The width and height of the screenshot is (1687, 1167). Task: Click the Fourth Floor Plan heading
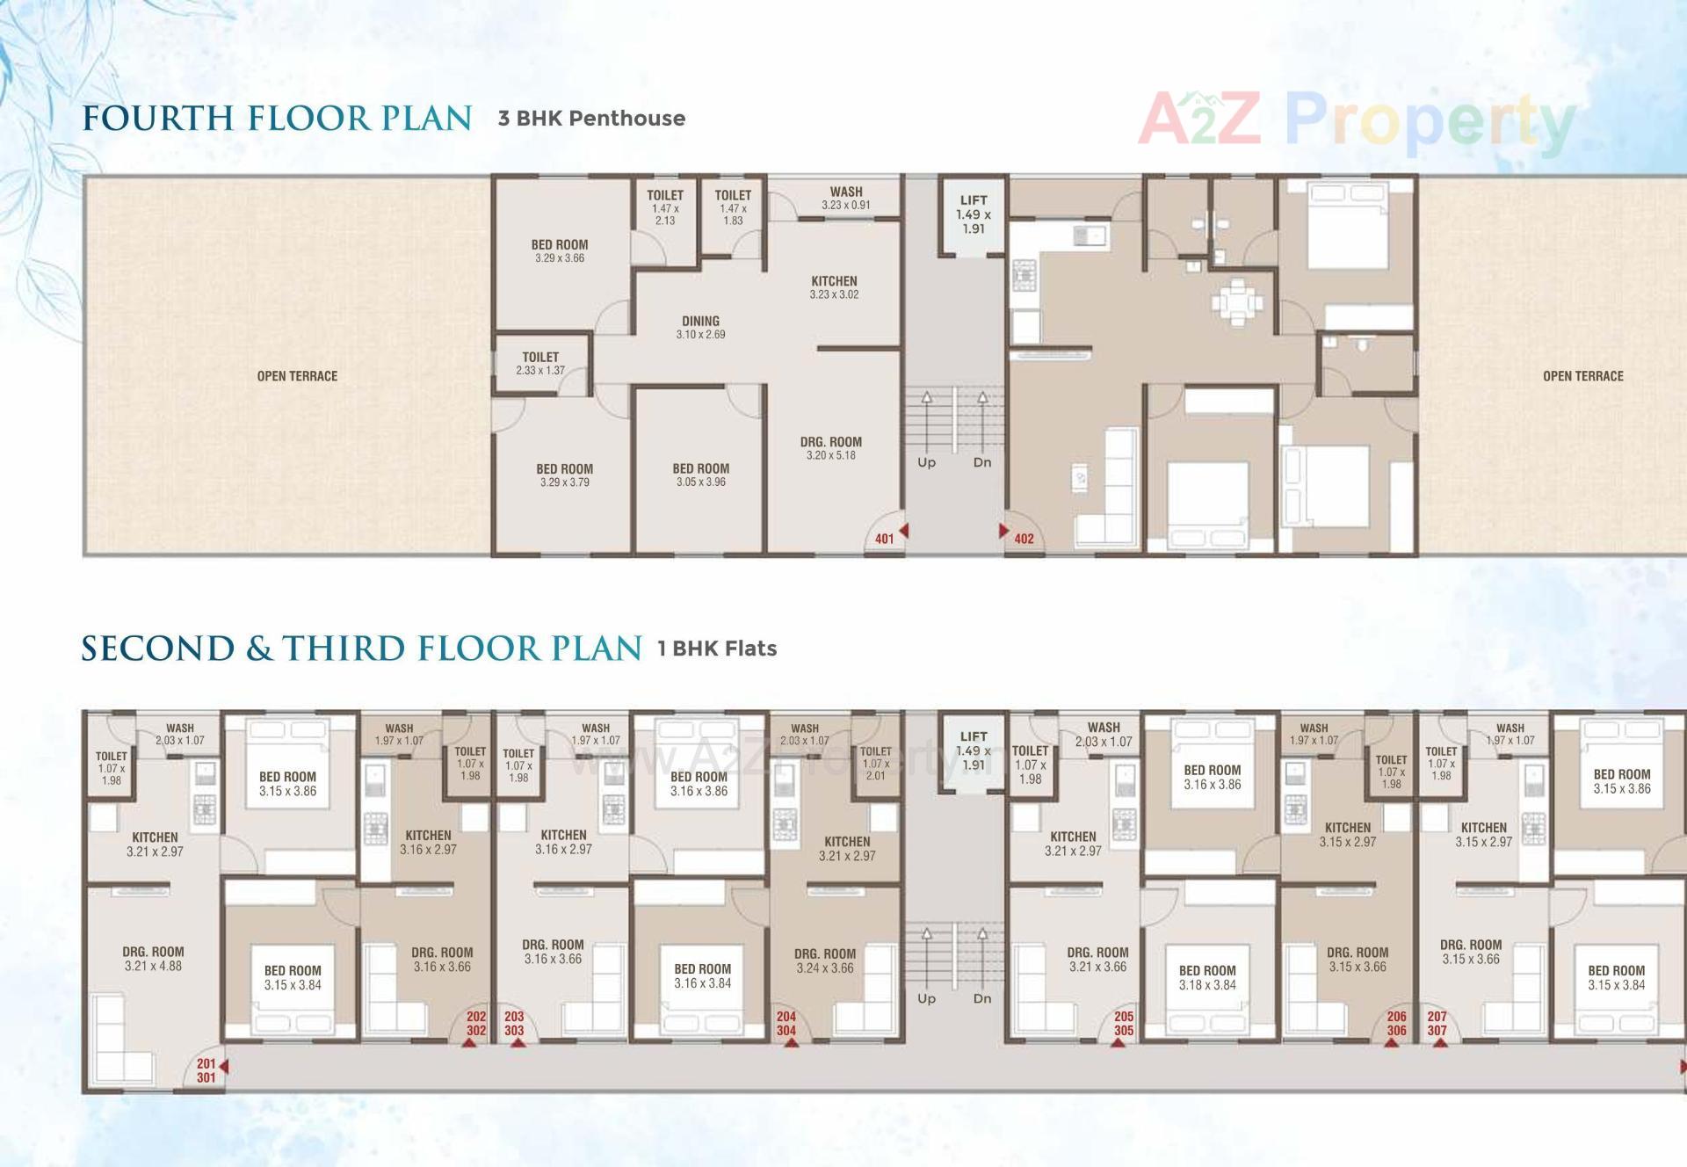[x=277, y=119]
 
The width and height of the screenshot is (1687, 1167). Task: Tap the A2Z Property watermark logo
[x=1356, y=122]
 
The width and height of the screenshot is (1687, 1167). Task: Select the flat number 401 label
[x=884, y=539]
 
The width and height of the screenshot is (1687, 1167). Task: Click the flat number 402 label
[x=1024, y=539]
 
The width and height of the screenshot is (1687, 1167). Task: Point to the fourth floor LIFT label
[x=974, y=214]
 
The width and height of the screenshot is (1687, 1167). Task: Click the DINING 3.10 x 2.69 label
[x=700, y=327]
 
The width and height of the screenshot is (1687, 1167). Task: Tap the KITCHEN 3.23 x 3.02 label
[x=834, y=287]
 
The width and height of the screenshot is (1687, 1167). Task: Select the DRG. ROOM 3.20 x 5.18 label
[x=830, y=448]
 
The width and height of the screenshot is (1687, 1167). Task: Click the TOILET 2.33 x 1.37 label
[x=540, y=364]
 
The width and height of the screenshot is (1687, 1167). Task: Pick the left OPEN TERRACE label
[x=297, y=376]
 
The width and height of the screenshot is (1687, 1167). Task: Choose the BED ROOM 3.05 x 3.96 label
[x=700, y=475]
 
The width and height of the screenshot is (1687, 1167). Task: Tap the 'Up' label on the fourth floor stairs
[x=926, y=462]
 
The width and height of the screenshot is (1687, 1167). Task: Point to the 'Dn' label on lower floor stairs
[x=982, y=998]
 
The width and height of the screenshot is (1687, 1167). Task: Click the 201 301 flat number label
[x=206, y=1070]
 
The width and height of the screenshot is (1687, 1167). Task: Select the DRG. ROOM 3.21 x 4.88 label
[x=153, y=958]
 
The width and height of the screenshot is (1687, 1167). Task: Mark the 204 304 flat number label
[x=786, y=1024]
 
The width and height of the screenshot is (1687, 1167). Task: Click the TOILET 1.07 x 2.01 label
[x=875, y=763]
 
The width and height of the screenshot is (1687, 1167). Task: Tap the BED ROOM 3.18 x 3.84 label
[x=1207, y=977]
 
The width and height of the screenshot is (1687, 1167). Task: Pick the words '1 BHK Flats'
[x=717, y=649]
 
